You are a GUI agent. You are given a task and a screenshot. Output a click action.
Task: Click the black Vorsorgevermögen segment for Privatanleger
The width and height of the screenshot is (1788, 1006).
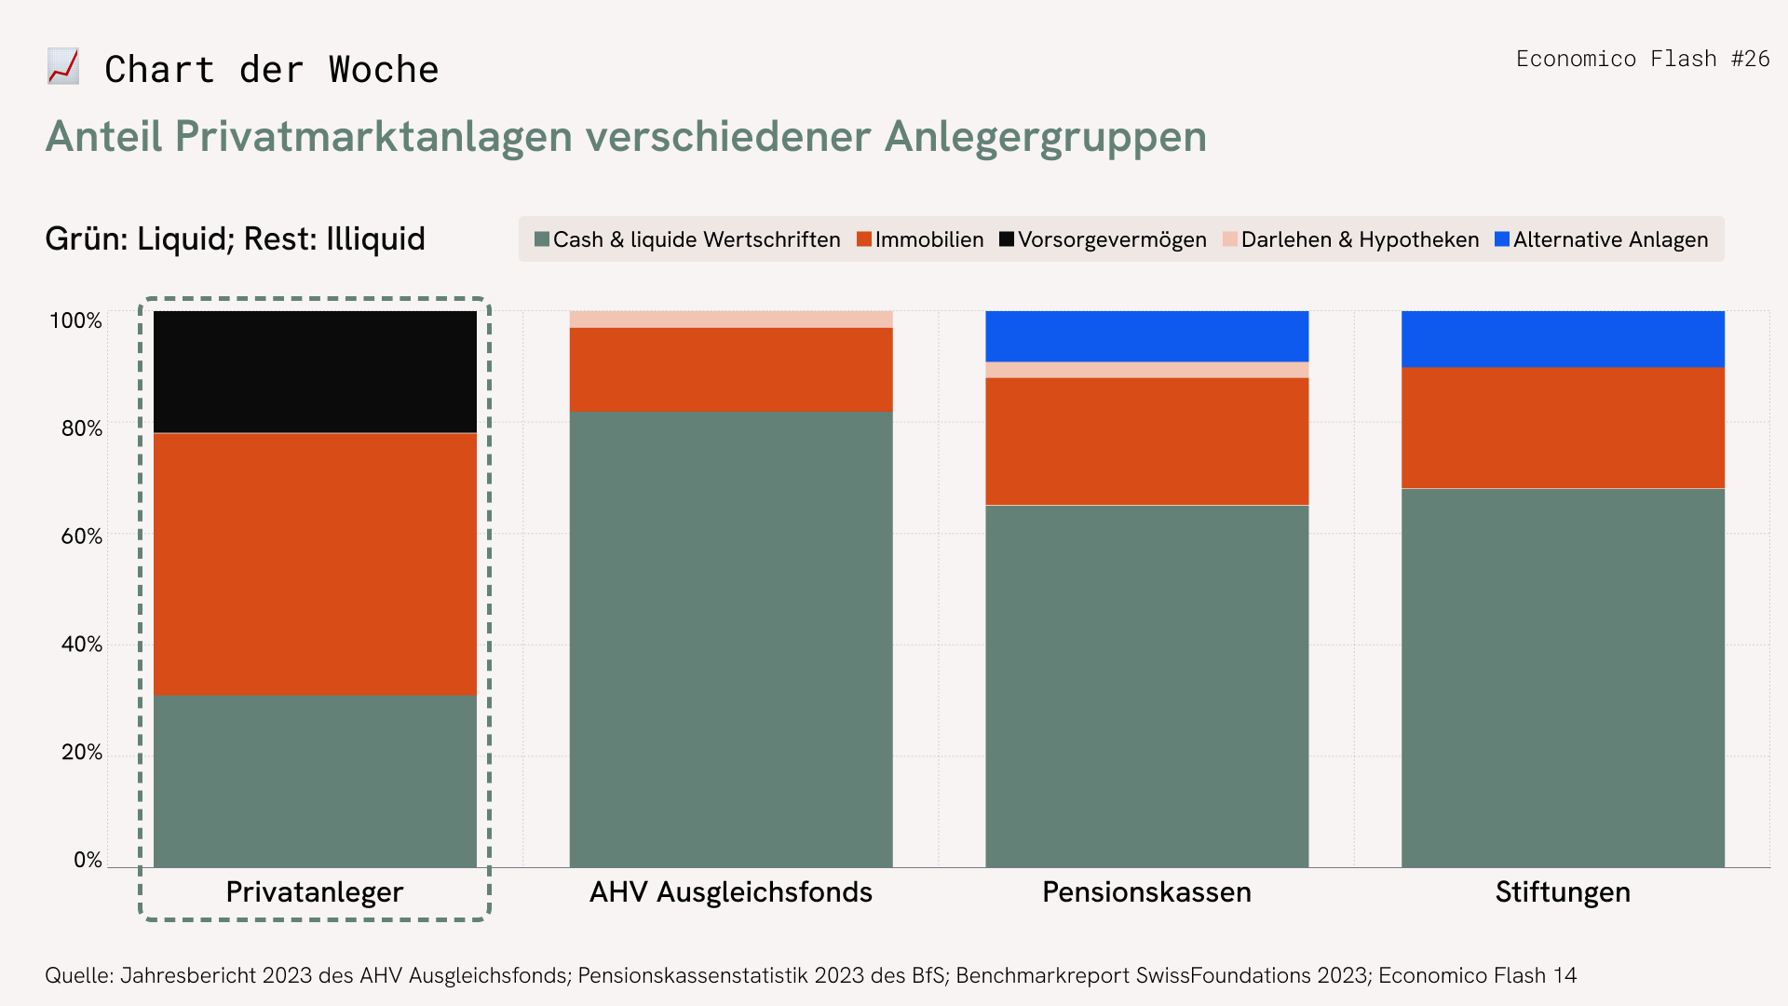tap(315, 372)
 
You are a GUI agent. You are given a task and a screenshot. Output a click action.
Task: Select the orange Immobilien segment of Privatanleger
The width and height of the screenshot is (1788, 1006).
tap(315, 564)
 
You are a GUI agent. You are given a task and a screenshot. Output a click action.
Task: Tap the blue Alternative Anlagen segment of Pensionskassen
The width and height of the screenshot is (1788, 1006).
tap(1146, 336)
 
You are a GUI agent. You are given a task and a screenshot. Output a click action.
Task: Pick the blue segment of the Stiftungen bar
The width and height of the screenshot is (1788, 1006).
tap(1563, 339)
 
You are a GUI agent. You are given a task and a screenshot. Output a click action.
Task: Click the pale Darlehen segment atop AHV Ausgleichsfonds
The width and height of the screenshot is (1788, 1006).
tap(731, 319)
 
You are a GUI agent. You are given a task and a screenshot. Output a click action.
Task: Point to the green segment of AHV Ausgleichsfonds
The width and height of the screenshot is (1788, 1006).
tap(731, 639)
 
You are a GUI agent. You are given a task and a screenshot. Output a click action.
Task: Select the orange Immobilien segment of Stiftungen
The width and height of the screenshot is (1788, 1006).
tap(1563, 428)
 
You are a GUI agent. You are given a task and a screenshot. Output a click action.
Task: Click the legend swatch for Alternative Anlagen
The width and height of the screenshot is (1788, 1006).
tap(1501, 239)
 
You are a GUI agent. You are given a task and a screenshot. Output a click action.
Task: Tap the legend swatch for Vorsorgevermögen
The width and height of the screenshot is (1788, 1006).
tap(1006, 239)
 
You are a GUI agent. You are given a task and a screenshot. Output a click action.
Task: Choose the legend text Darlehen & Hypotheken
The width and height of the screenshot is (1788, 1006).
tap(1360, 239)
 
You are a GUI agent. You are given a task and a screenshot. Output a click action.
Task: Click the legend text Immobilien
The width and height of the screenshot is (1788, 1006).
tap(928, 239)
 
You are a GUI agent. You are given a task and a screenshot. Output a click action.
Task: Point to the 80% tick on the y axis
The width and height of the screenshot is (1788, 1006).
tap(82, 428)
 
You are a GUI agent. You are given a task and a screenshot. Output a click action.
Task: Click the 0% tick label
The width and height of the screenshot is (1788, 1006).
tap(88, 860)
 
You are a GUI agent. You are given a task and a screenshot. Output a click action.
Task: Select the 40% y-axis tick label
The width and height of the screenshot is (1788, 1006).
tap(82, 645)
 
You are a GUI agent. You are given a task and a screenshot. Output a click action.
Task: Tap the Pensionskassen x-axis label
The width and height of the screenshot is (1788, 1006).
tap(1146, 892)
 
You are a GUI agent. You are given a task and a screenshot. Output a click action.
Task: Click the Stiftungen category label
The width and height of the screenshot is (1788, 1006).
tap(1563, 892)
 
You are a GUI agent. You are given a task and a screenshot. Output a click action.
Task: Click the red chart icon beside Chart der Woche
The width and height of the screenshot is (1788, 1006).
tap(63, 67)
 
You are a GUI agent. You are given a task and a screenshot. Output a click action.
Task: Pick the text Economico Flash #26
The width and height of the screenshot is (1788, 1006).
tap(1643, 59)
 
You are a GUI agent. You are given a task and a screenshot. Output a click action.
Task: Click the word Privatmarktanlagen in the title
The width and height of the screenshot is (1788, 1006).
tap(373, 137)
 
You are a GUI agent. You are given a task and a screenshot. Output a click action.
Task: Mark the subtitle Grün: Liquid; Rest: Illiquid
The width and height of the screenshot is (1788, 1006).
tap(235, 239)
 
